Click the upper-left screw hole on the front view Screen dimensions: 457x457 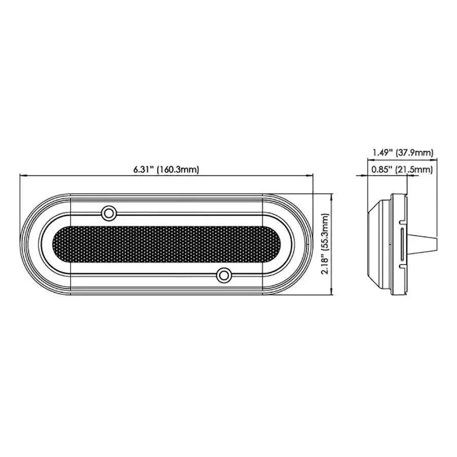[108, 213]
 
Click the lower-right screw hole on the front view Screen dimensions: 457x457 [223, 275]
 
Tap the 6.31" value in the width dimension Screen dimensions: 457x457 [143, 170]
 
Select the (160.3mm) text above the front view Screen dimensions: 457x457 [177, 170]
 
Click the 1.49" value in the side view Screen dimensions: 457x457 [382, 152]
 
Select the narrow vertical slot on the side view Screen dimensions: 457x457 [402, 244]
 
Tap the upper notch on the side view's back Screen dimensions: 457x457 [402, 221]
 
